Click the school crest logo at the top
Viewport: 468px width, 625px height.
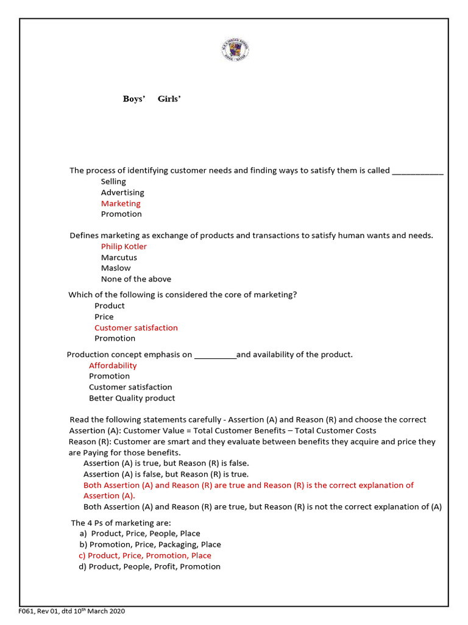(235, 49)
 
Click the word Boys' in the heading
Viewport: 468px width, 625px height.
(133, 99)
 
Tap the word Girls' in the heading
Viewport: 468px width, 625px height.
(169, 99)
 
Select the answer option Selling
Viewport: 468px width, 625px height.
(113, 181)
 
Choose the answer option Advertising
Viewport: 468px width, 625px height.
(122, 192)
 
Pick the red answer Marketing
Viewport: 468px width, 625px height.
(121, 203)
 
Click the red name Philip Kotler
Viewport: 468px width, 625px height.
(124, 247)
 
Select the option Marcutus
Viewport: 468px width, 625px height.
(119, 258)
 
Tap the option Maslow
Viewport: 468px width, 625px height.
(116, 268)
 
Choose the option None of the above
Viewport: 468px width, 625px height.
(136, 279)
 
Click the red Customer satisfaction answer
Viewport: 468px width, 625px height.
(136, 328)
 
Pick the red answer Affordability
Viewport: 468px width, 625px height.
(113, 366)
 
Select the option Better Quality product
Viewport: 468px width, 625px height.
(132, 398)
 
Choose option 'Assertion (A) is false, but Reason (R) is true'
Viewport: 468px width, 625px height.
(166, 474)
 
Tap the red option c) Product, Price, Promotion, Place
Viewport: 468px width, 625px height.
(145, 555)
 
